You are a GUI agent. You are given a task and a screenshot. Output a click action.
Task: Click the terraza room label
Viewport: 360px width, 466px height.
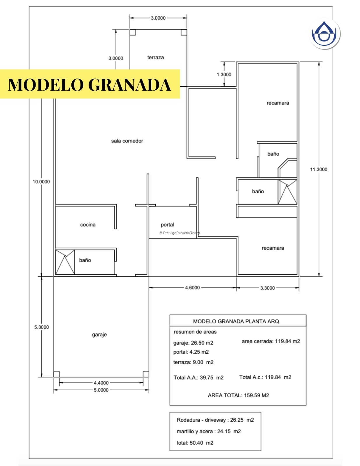click(155, 57)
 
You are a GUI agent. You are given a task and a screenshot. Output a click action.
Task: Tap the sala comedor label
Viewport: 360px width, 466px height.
click(127, 141)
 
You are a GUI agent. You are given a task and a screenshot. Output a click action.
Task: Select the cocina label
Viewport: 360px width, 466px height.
click(88, 225)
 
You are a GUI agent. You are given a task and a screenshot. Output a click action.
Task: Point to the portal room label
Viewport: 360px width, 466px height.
click(167, 225)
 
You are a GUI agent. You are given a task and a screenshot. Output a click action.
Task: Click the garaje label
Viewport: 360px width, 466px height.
click(99, 334)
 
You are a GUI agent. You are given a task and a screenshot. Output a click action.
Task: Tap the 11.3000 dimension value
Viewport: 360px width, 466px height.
click(318, 169)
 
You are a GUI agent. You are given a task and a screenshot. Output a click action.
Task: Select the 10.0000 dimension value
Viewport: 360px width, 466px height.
click(41, 181)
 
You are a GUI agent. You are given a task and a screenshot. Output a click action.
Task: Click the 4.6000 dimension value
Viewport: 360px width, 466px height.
click(192, 287)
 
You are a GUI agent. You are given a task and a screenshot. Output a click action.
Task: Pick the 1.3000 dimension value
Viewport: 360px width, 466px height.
click(224, 74)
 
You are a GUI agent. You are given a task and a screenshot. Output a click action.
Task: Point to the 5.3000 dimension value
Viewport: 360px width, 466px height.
click(41, 327)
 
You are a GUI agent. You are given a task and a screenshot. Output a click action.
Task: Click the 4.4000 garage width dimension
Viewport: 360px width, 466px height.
click(101, 383)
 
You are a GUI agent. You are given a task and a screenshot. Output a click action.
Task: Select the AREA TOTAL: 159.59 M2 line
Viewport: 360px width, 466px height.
click(238, 395)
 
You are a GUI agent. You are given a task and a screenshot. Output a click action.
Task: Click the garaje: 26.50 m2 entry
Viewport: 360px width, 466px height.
click(193, 343)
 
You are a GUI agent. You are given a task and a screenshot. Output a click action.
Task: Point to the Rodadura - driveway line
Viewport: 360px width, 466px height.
click(215, 420)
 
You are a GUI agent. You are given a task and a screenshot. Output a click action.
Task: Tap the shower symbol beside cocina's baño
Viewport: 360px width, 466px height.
click(65, 262)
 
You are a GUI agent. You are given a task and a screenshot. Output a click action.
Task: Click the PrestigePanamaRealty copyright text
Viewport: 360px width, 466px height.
click(180, 233)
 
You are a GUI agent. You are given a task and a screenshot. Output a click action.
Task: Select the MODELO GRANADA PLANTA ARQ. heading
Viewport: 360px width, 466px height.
click(236, 321)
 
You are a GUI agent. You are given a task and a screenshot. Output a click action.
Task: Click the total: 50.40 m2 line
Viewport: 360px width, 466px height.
click(195, 443)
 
